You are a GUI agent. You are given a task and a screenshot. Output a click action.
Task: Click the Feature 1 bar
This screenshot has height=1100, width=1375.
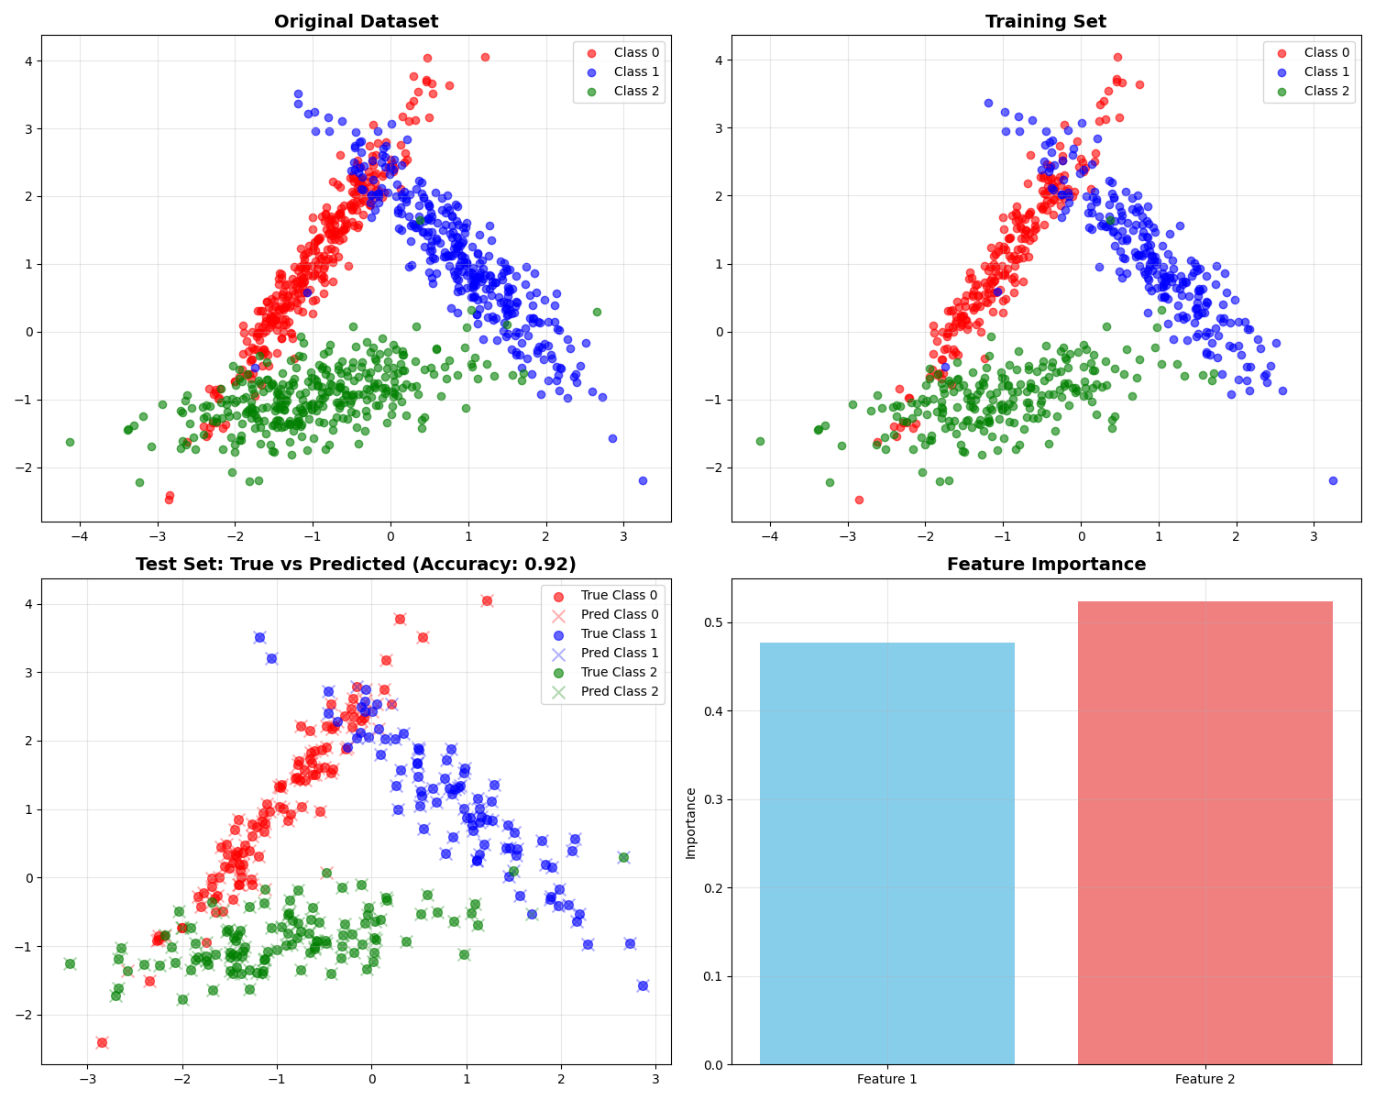886,852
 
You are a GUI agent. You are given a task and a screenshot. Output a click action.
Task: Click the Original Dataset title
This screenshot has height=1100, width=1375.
356,22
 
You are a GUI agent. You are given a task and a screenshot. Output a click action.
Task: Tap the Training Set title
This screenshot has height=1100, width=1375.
1046,22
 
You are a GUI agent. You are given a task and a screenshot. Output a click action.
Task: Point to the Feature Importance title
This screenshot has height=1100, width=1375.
1046,565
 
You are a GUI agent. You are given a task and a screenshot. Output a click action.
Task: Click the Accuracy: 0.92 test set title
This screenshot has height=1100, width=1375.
356,565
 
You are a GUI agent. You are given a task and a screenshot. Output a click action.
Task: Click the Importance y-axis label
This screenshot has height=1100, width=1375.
691,822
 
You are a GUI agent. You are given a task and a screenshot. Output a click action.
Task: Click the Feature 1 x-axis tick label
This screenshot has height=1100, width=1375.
886,1080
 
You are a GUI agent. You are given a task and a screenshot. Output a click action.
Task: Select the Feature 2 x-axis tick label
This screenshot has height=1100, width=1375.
1204,1080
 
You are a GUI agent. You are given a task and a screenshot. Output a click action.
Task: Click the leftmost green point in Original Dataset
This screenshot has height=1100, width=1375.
70,442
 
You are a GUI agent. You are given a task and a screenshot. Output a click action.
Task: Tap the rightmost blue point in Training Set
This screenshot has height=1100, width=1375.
1333,480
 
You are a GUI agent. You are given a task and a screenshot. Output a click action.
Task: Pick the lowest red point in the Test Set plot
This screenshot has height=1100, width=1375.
102,1042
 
